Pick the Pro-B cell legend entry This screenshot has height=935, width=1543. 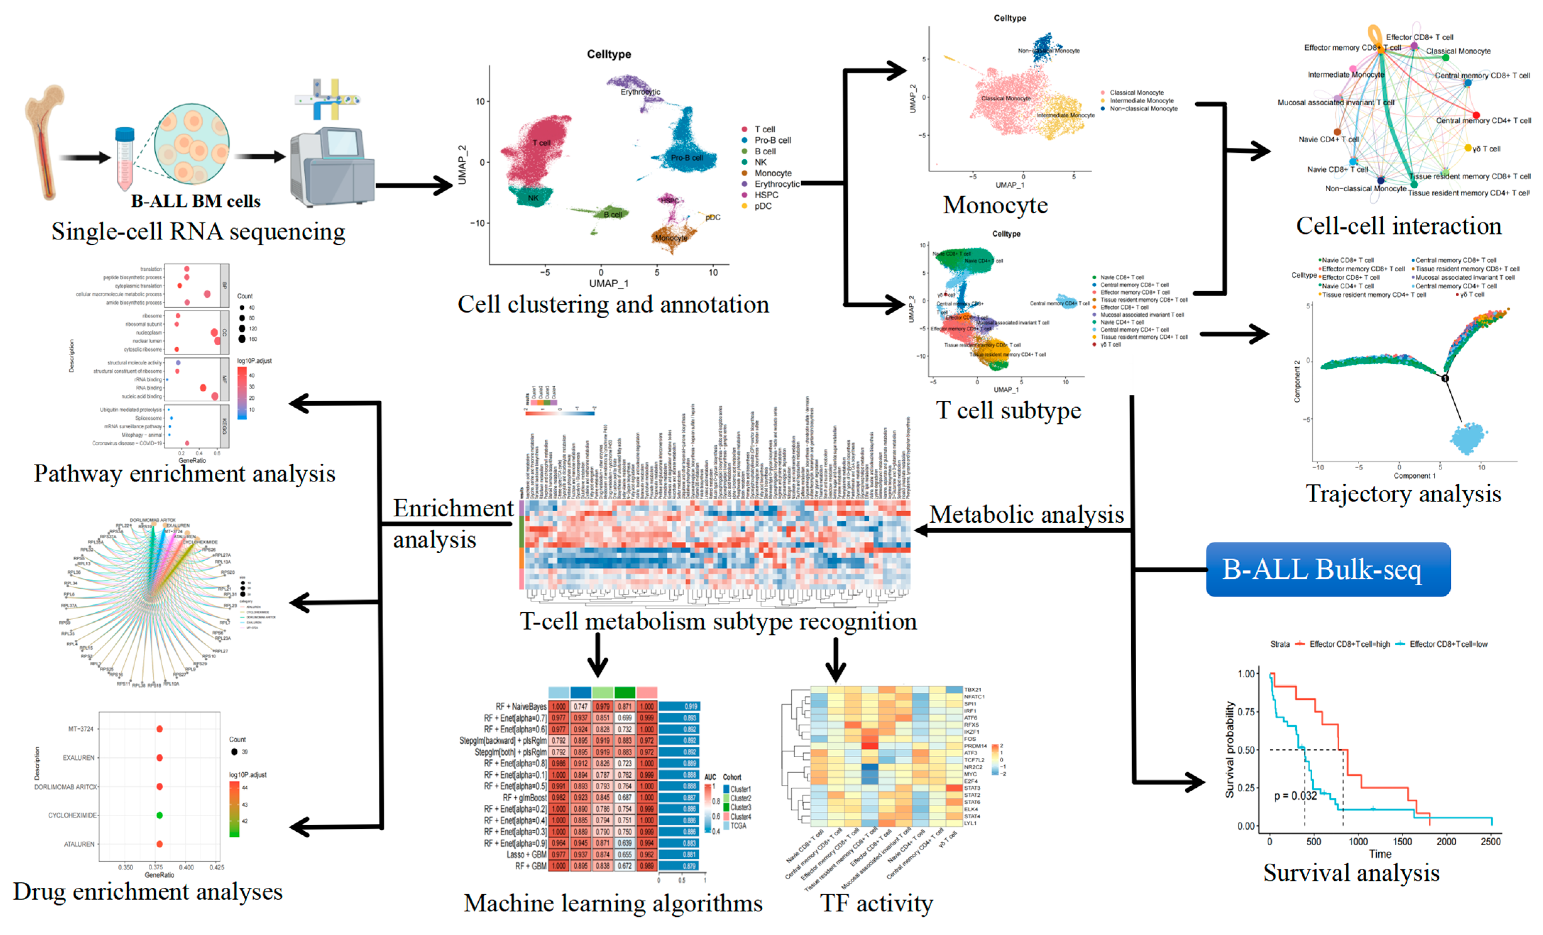771,140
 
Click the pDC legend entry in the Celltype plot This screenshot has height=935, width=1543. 762,206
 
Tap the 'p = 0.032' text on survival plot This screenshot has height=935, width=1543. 1295,796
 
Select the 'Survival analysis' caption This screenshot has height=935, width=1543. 1351,873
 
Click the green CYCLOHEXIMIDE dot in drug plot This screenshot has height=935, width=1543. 160,815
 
